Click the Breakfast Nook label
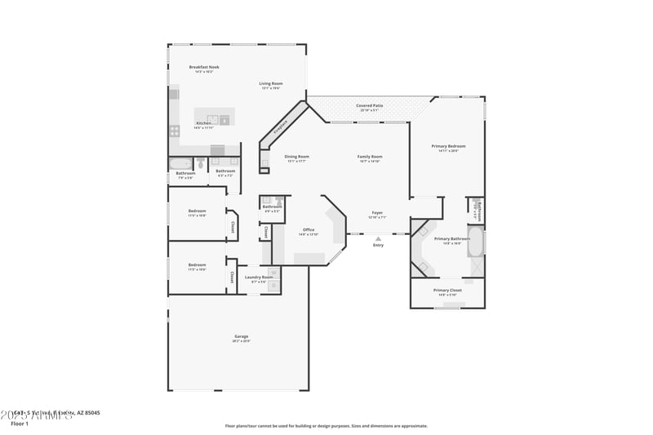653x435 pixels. [203, 67]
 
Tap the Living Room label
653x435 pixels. [271, 83]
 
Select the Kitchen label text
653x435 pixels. [203, 123]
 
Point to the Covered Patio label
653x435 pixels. [370, 105]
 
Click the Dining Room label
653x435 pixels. [297, 156]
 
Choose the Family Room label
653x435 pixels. [370, 156]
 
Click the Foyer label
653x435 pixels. [376, 213]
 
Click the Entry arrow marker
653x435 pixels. [378, 238]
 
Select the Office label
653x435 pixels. [309, 229]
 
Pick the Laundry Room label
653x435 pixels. [259, 277]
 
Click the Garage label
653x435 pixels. [242, 336]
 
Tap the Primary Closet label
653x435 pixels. [447, 290]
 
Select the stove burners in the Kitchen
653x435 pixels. [174, 131]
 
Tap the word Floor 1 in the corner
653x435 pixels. [20, 424]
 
